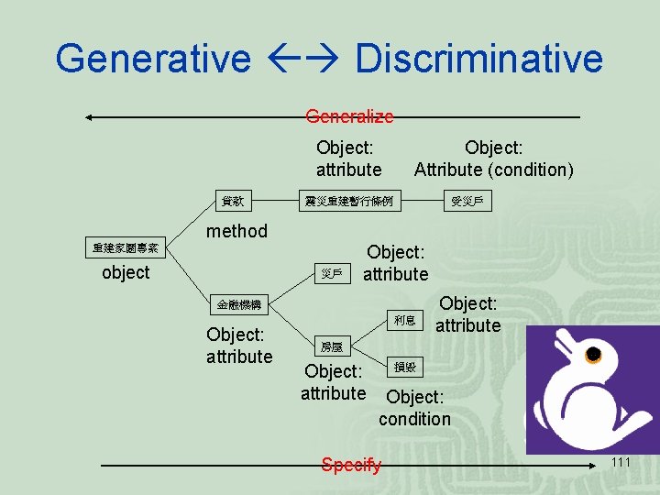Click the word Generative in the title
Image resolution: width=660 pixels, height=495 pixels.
click(152, 58)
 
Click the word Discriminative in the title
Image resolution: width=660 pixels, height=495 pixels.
click(478, 58)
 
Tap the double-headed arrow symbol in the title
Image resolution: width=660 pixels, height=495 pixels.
click(302, 59)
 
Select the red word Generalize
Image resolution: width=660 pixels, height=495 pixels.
click(349, 116)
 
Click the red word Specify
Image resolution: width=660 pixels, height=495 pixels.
click(351, 465)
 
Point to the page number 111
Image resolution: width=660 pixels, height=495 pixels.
click(621, 462)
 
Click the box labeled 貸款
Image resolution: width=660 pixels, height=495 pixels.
click(232, 200)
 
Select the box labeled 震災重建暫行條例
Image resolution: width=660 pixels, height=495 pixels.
click(349, 200)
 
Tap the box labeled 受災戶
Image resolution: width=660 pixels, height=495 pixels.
click(467, 200)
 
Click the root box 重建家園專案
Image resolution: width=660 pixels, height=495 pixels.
click(126, 247)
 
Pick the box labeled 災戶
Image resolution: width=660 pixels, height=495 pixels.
click(331, 273)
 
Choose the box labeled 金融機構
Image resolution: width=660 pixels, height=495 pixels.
click(238, 304)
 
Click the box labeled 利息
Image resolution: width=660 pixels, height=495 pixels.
click(404, 320)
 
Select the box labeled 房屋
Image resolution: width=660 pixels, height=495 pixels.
click(331, 346)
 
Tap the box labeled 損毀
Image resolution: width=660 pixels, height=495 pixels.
click(404, 367)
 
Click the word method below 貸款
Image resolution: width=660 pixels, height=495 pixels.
click(236, 231)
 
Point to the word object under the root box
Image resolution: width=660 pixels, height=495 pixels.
click(126, 272)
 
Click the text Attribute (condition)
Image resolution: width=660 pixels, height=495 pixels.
click(494, 170)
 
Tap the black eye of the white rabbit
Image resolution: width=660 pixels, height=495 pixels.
click(592, 354)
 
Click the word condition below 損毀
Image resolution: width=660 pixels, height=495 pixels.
click(414, 419)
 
